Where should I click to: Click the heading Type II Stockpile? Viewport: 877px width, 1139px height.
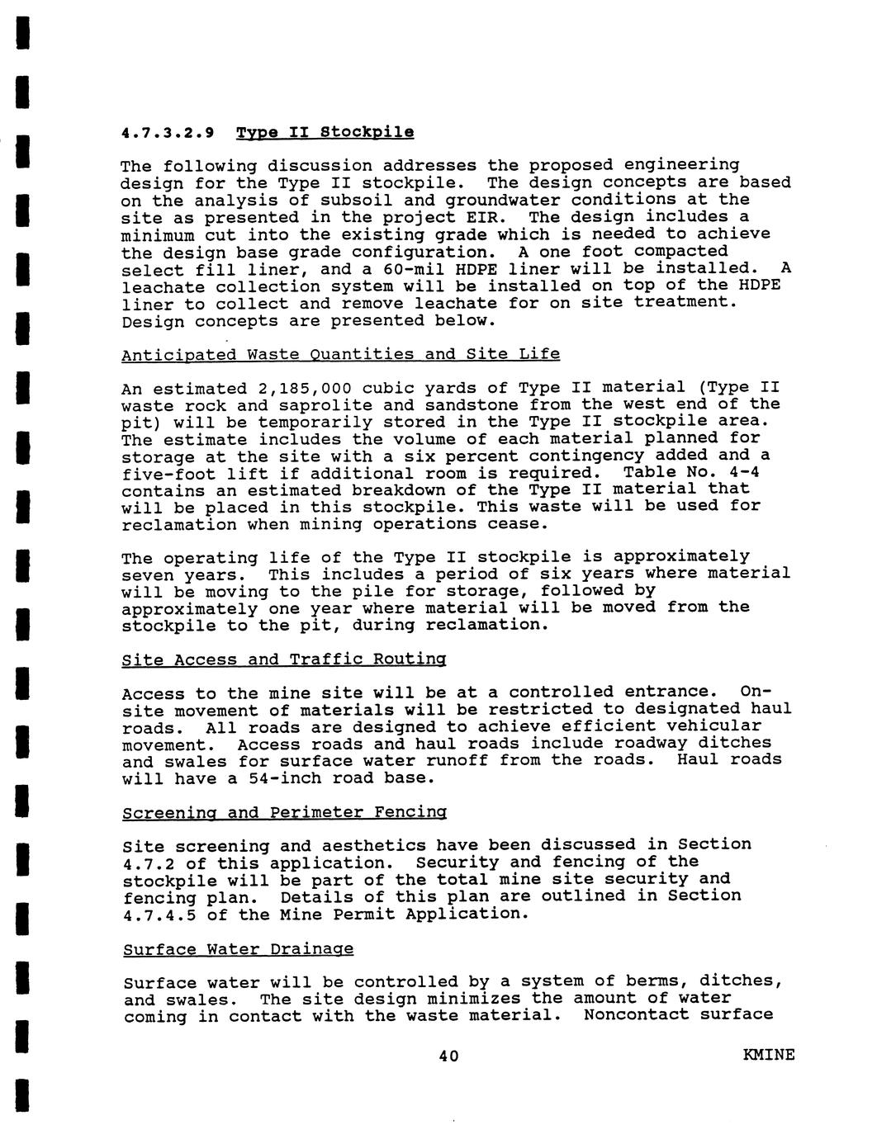coord(325,132)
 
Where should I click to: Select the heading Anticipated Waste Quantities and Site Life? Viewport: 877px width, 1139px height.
coord(340,354)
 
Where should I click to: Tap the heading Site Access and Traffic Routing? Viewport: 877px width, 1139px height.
coord(284,659)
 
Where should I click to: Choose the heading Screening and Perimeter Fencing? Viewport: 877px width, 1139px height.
coord(284,812)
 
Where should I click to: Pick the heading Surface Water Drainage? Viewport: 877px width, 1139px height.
coord(238,949)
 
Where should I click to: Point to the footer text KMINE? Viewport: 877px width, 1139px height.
coord(769,1055)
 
